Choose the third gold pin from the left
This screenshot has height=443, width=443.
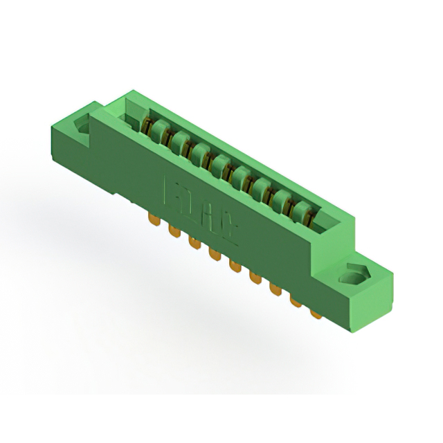tap(192, 244)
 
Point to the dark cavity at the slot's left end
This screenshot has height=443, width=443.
tap(132, 118)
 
